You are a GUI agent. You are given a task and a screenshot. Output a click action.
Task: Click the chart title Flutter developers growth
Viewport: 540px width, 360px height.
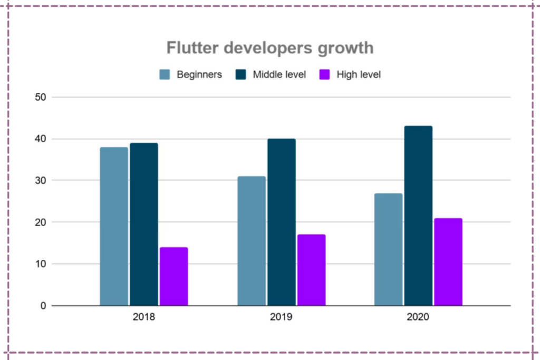click(270, 48)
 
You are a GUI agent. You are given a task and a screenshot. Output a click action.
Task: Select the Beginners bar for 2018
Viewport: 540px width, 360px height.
click(114, 226)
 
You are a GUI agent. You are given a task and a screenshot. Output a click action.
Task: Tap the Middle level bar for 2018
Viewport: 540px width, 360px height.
click(144, 224)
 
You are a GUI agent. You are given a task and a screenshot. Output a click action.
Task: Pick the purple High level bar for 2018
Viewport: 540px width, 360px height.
click(174, 276)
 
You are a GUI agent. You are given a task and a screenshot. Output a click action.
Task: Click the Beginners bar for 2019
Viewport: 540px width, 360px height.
click(252, 241)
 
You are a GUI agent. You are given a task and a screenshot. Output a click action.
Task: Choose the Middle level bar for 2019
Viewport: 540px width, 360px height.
click(281, 222)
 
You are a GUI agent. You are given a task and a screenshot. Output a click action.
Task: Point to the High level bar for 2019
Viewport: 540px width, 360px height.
click(311, 270)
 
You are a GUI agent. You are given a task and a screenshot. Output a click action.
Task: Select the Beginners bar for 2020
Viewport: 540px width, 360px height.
click(388, 249)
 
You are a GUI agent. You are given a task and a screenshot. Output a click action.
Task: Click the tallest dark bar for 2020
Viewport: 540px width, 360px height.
click(418, 216)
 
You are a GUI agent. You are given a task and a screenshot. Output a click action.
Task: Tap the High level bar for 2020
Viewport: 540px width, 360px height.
click(448, 261)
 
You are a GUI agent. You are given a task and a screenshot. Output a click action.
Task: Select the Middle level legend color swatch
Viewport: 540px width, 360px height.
click(241, 75)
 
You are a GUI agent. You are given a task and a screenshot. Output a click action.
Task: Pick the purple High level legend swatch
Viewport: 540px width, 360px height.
click(325, 75)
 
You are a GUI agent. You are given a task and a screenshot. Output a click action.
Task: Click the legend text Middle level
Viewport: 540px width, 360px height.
click(279, 75)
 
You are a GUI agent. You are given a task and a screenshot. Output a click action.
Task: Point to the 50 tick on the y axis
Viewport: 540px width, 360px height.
click(41, 97)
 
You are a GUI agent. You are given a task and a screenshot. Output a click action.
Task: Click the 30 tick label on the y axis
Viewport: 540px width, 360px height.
click(41, 180)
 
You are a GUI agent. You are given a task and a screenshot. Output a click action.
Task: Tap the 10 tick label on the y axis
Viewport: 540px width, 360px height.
click(41, 264)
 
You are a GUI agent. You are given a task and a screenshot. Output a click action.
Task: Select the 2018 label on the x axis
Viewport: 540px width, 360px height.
click(144, 317)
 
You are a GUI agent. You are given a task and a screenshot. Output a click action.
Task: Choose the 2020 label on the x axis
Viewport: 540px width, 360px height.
click(418, 317)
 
